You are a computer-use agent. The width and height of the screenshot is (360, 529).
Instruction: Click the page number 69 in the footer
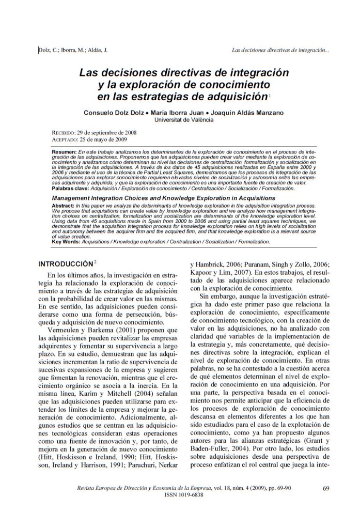[x=325, y=488]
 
